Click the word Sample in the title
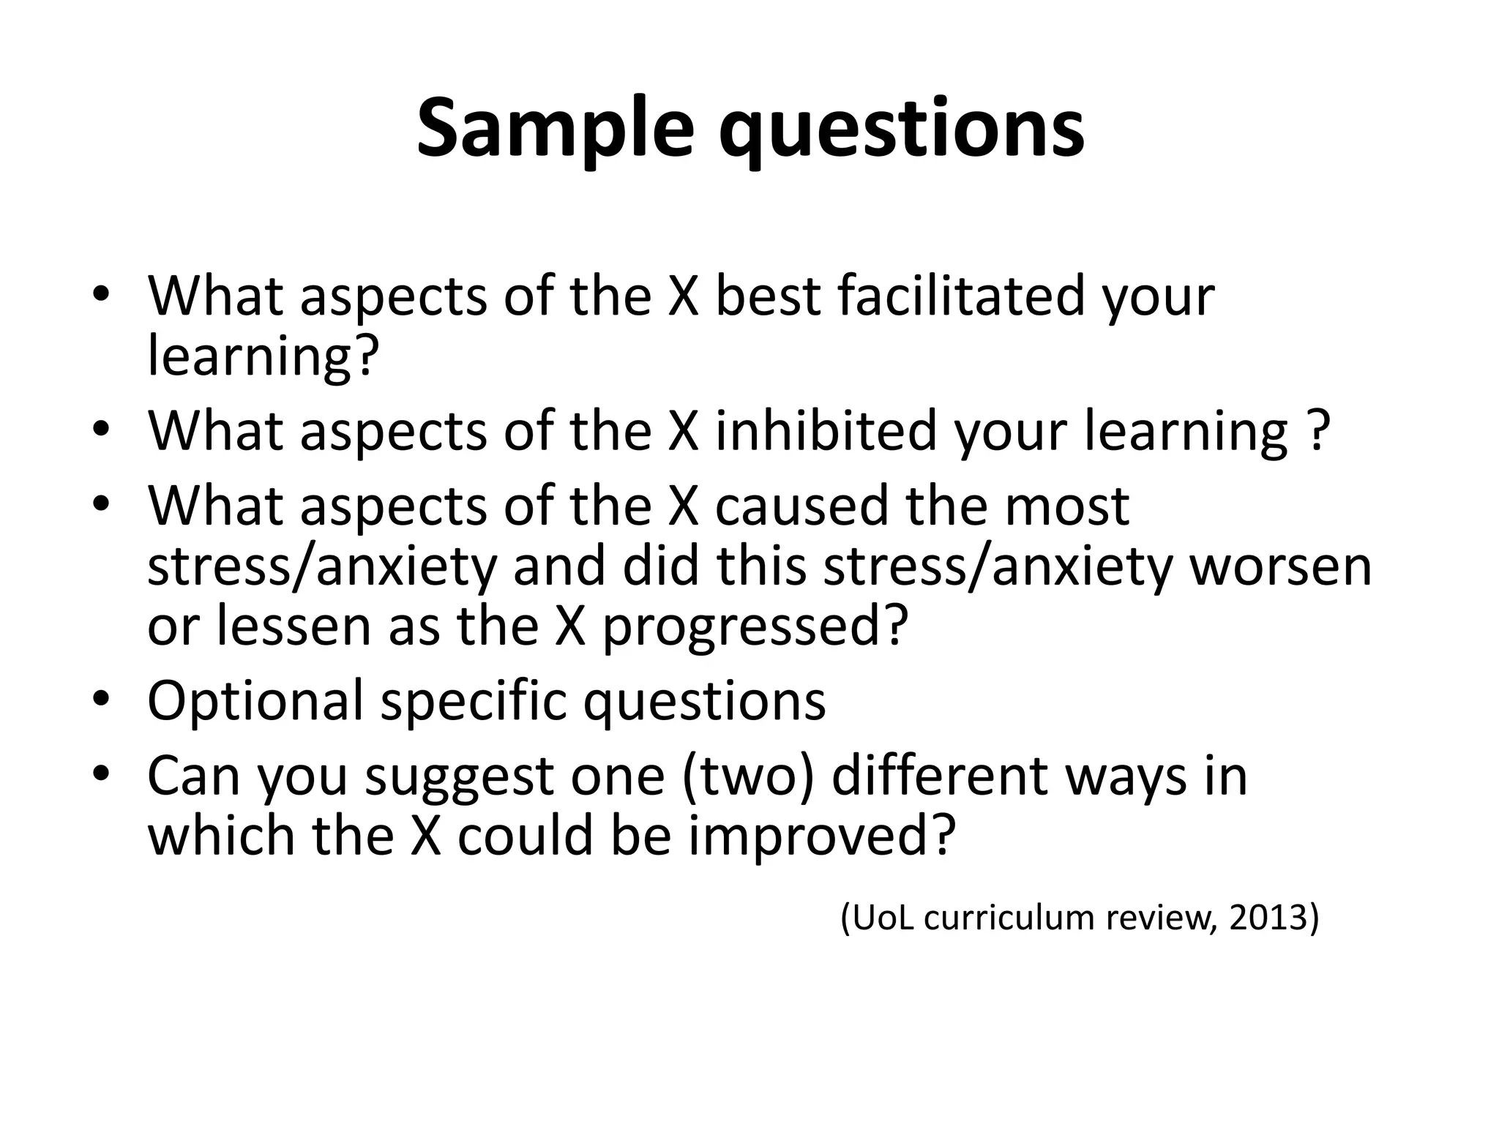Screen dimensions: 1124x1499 tap(554, 130)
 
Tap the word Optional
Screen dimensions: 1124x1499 tap(255, 701)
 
